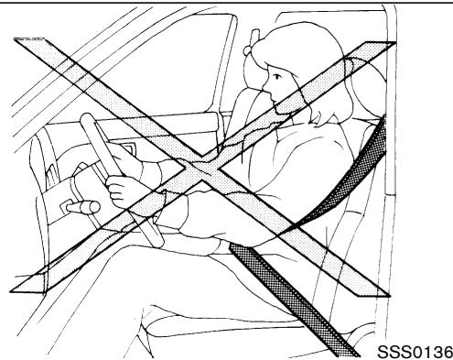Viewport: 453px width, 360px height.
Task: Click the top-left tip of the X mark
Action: point(18,40)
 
